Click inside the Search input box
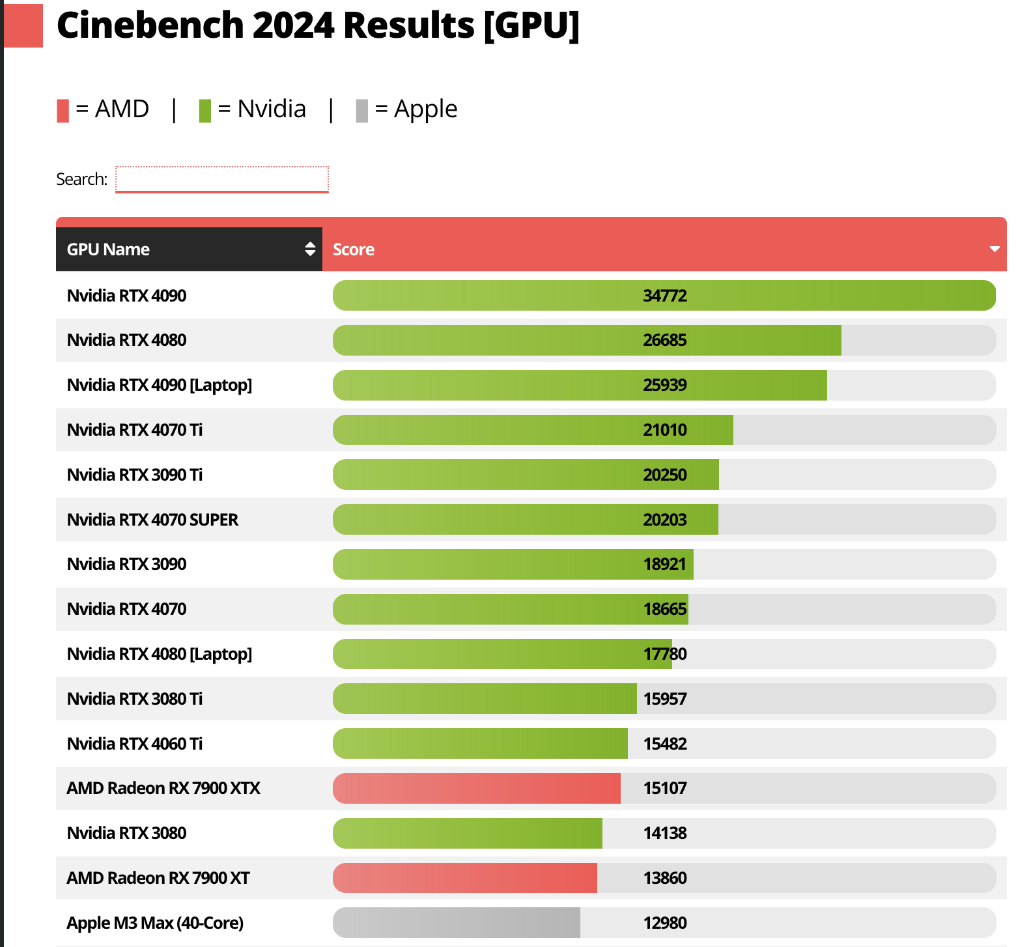[x=221, y=179]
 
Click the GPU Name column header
[x=109, y=249]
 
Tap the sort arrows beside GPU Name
[x=310, y=249]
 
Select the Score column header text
[x=354, y=249]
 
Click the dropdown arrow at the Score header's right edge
[x=995, y=249]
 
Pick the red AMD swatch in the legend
[x=63, y=111]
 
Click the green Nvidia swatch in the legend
[x=205, y=111]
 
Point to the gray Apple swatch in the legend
[x=362, y=111]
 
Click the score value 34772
[x=665, y=296]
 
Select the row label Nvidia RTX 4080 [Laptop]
[x=160, y=654]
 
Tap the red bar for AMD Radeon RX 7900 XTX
[x=476, y=788]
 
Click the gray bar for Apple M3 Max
[x=456, y=923]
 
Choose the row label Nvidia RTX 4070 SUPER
[x=152, y=520]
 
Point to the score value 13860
[x=665, y=878]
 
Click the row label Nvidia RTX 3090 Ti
[x=135, y=475]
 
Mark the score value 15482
[x=665, y=744]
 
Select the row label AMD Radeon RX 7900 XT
[x=158, y=878]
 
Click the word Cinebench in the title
[x=150, y=26]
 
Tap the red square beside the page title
[x=23, y=26]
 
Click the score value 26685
[x=665, y=340]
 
